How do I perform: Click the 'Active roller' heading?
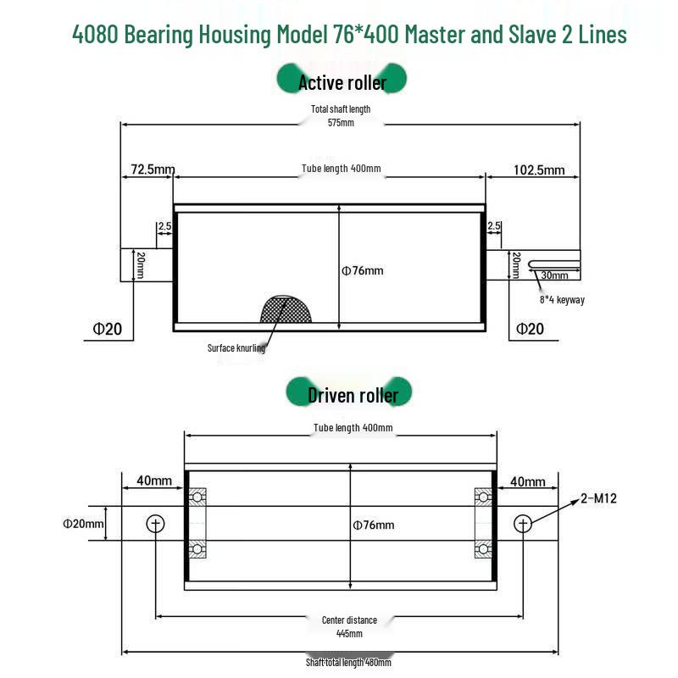(342, 82)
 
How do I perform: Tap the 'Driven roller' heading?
(353, 395)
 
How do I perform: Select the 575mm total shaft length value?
(341, 123)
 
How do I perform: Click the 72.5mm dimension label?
(153, 169)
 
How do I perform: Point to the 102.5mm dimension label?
(539, 170)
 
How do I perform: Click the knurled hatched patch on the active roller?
(286, 309)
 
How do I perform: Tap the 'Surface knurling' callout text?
(236, 348)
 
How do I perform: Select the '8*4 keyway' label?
(562, 300)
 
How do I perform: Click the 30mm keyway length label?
(554, 275)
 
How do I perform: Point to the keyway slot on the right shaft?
(553, 264)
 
